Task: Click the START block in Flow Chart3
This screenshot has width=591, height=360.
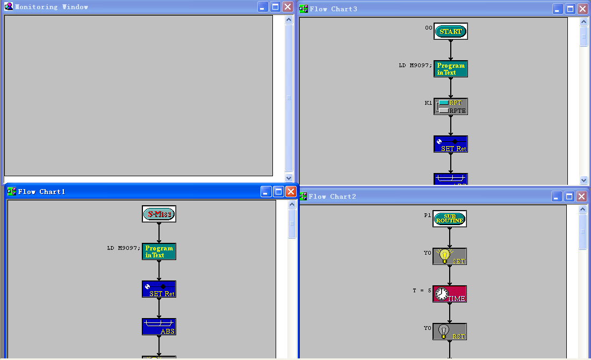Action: tap(451, 31)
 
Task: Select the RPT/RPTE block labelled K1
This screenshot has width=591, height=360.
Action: tap(451, 106)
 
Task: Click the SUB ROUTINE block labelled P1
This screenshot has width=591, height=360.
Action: tap(450, 219)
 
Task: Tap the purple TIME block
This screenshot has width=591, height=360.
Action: tap(450, 294)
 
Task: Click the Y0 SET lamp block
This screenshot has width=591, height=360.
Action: tap(450, 256)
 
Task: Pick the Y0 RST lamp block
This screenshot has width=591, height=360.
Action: tap(450, 332)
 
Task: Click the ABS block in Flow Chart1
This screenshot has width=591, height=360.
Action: tap(159, 327)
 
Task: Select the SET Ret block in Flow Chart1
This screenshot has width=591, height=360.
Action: tap(159, 289)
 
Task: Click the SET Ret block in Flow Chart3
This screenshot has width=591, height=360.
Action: tap(451, 144)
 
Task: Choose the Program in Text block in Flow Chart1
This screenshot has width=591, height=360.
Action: tap(159, 251)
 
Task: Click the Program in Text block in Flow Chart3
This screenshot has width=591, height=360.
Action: tap(451, 69)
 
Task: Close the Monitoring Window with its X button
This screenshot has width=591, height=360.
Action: tap(288, 7)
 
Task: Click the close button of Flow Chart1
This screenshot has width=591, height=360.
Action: tap(291, 192)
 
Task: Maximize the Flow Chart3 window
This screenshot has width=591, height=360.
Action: tap(570, 9)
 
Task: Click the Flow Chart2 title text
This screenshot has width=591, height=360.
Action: tap(332, 197)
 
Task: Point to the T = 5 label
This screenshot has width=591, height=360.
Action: tap(422, 290)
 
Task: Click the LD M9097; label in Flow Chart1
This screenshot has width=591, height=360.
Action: tap(124, 248)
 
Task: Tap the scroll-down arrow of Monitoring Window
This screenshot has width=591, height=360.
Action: tap(289, 178)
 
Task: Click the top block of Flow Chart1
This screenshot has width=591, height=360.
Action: tap(159, 214)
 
